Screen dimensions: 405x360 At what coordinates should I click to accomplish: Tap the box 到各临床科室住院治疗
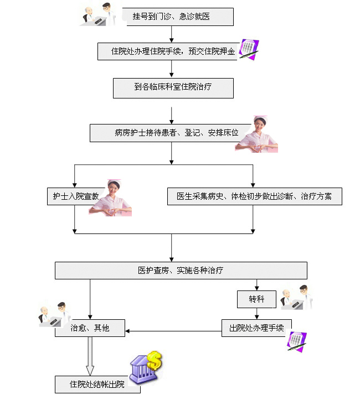173,87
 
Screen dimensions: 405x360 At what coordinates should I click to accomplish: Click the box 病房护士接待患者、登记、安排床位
168,133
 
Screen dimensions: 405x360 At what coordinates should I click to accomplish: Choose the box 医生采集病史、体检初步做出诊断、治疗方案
254,196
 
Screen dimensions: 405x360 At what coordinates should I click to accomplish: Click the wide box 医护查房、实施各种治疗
181,271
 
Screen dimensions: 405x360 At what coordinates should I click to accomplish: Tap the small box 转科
256,300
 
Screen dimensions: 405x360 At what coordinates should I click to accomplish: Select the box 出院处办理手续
256,328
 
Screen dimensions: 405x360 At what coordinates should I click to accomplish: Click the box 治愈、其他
90,328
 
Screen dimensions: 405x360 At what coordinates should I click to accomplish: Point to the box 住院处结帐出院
97,385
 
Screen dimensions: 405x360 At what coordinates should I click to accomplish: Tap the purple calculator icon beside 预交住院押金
249,49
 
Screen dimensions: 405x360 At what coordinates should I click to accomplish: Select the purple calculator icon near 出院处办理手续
296,341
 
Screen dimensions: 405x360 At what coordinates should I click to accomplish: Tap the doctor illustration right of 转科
296,298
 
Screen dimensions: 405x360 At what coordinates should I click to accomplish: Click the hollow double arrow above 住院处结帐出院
90,357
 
